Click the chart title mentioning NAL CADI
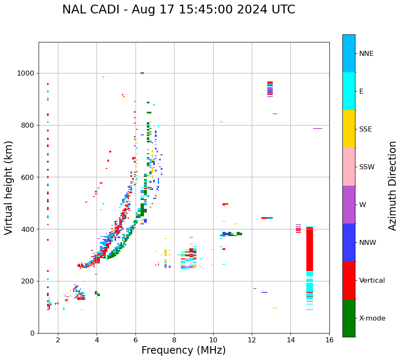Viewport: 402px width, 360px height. click(x=178, y=10)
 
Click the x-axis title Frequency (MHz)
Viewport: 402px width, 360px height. click(x=183, y=350)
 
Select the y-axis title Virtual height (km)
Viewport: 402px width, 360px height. click(x=9, y=188)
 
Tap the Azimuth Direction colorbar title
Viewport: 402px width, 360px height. click(x=392, y=186)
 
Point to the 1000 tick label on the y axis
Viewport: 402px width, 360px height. click(x=26, y=73)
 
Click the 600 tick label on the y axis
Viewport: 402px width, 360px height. click(x=28, y=177)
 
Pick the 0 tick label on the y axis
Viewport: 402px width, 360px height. click(x=32, y=333)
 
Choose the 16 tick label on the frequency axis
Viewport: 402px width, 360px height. click(x=329, y=339)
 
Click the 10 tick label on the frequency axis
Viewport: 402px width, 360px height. click(x=213, y=339)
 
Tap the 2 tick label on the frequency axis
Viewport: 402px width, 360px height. click(x=58, y=339)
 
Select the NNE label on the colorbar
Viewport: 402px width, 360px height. click(x=366, y=54)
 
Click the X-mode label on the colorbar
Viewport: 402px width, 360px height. click(x=372, y=318)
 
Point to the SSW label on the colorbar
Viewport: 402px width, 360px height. click(x=367, y=167)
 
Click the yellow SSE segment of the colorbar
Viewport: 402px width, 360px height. click(x=349, y=129)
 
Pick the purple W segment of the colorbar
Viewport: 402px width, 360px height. click(x=349, y=205)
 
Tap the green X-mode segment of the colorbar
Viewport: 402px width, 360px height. click(x=349, y=318)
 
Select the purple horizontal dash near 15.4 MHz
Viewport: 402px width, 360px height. click(x=318, y=129)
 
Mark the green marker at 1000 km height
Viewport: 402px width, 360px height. click(x=142, y=73)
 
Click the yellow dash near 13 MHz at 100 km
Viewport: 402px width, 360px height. click(x=275, y=308)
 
